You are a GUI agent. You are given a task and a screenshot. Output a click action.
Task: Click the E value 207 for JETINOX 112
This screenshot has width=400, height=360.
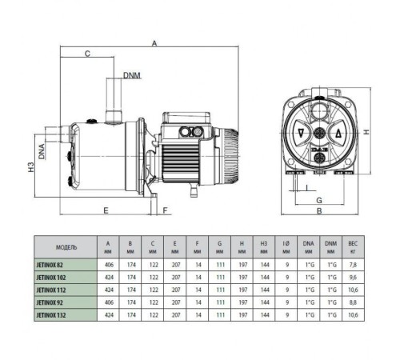tap(174, 290)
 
